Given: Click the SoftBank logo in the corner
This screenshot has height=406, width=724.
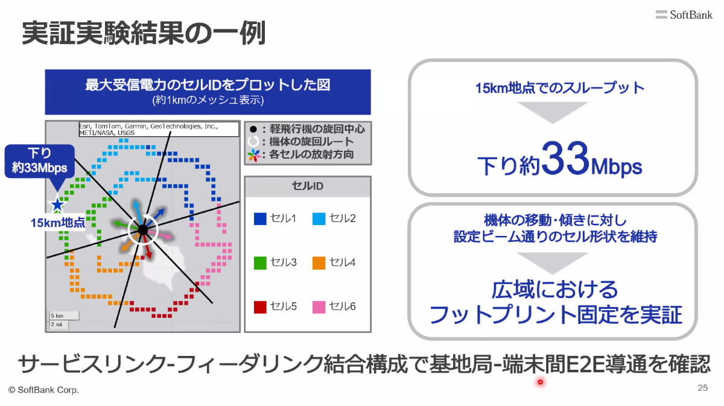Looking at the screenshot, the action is [684, 14].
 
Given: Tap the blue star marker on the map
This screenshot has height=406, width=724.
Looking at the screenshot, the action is [57, 205].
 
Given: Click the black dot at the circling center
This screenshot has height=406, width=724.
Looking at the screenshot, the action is [142, 230].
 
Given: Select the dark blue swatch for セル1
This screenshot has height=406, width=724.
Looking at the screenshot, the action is [260, 218].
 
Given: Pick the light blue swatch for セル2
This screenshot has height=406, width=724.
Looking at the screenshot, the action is [319, 218].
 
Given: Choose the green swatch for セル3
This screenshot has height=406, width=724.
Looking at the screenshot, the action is [260, 263].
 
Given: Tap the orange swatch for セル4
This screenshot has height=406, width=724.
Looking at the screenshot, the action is [319, 263].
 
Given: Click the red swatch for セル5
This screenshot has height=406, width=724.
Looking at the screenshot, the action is [260, 307].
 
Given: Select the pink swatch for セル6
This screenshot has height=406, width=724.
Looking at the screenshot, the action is [319, 307].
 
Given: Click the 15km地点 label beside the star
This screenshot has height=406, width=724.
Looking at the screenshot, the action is [57, 223].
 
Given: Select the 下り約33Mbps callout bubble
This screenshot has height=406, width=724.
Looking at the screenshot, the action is [39, 162].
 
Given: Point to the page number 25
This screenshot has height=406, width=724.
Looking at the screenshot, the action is [703, 387].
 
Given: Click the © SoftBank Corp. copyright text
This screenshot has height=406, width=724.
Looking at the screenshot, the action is [43, 390].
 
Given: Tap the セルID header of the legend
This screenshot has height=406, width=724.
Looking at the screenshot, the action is [307, 186].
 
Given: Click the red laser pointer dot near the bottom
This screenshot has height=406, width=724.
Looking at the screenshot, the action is [540, 382].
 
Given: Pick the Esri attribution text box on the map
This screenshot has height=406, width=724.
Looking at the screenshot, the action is [159, 129].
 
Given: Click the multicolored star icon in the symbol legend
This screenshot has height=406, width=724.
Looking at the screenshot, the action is [254, 155].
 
